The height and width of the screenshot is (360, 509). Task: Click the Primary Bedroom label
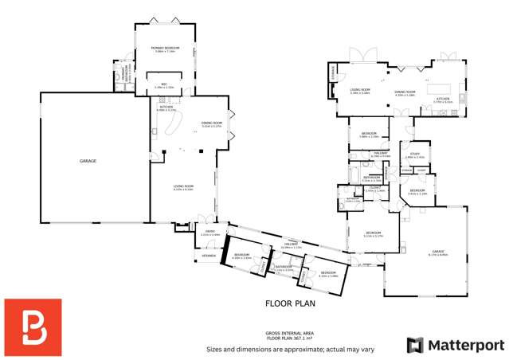click(165, 49)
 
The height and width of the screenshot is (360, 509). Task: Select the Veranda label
click(207, 256)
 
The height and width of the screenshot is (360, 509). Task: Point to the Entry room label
click(209, 234)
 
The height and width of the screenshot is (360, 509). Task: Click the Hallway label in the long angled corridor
click(292, 246)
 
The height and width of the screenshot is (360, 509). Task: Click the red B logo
click(33, 327)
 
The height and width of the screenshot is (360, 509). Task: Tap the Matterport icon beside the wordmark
click(415, 345)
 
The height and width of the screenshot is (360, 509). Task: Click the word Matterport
click(467, 345)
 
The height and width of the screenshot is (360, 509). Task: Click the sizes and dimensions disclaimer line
click(289, 349)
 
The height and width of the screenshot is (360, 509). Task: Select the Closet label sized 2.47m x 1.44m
click(374, 190)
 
